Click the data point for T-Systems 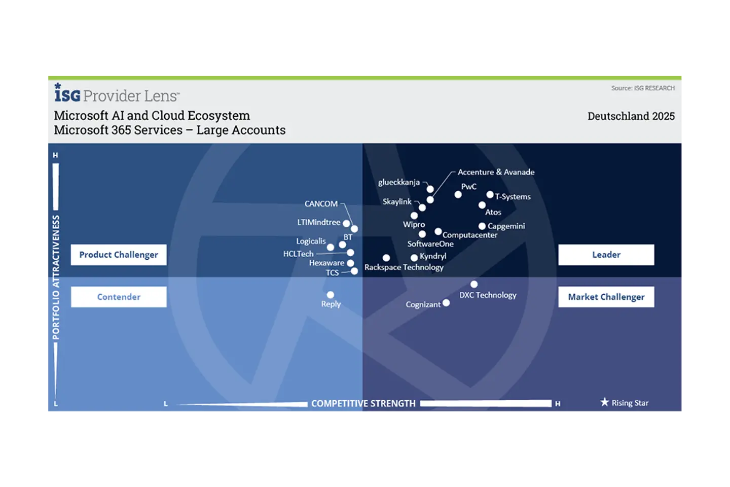click(x=490, y=195)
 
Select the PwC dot click(x=458, y=195)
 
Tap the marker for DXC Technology click(x=473, y=285)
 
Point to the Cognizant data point click(x=446, y=303)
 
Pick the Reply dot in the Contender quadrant click(x=331, y=295)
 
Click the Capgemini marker click(x=482, y=226)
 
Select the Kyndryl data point click(x=414, y=258)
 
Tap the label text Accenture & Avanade click(x=496, y=172)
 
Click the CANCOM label click(x=321, y=204)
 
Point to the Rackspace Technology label click(x=404, y=267)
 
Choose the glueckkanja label click(x=398, y=182)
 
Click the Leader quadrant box click(x=606, y=255)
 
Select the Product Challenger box click(x=119, y=255)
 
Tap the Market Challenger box click(x=606, y=297)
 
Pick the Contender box click(x=119, y=297)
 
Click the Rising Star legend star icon click(x=604, y=402)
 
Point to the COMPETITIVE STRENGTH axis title click(x=363, y=404)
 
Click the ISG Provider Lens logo click(x=117, y=94)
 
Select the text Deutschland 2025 click(x=631, y=116)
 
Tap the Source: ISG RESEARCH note click(x=642, y=88)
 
